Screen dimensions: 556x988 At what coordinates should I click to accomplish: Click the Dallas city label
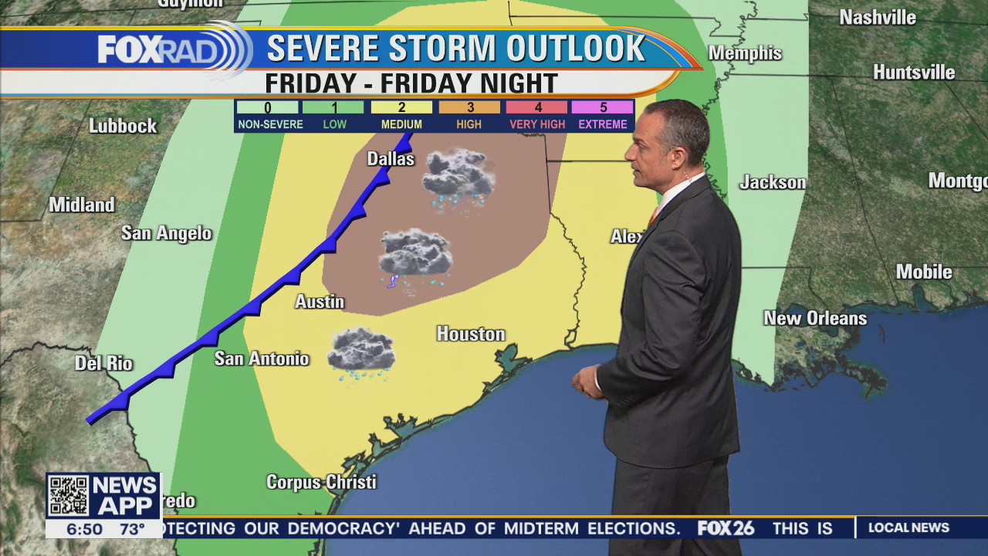pos(391,159)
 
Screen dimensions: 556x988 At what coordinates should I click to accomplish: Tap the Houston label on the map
pos(471,334)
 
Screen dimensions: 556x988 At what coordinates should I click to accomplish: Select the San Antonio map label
pos(262,358)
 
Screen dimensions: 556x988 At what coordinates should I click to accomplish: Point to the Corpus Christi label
pos(321,482)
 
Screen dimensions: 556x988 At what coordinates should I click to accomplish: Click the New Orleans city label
pos(815,318)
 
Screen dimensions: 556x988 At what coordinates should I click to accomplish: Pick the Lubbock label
pos(123,126)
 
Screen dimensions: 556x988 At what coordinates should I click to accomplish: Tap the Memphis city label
pos(745,53)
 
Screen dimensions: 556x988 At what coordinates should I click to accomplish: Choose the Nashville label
pos(878,17)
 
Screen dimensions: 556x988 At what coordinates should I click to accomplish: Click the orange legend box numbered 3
pos(469,108)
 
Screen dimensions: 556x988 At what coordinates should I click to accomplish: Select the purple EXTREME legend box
pos(602,108)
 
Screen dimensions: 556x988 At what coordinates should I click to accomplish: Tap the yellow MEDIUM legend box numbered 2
pos(401,108)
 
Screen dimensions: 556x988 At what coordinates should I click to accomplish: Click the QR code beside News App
pos(68,496)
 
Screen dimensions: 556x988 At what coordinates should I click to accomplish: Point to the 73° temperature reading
pos(132,529)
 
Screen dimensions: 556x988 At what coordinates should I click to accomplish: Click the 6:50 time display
pos(84,529)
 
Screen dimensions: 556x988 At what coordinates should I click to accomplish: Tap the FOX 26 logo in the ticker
pos(726,528)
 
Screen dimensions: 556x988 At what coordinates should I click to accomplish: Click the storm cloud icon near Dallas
pos(458,175)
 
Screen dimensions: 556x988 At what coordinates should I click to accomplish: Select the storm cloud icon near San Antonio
pos(360,351)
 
